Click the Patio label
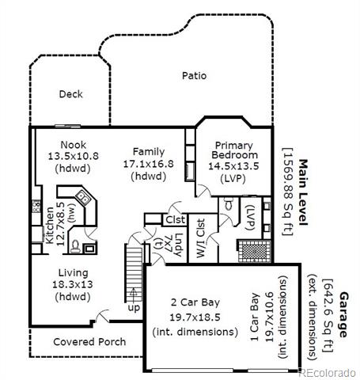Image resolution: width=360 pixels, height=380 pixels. (194, 76)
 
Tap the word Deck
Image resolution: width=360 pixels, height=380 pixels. (70, 94)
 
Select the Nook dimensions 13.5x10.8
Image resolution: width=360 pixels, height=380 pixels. (73, 156)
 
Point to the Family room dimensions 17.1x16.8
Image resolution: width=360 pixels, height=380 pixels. (149, 164)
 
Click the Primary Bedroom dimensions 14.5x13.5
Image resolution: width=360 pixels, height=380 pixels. (233, 166)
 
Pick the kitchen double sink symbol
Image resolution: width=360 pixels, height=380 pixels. (83, 197)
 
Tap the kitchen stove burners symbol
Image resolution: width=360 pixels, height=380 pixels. (36, 206)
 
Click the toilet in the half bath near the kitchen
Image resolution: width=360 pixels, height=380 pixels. (75, 247)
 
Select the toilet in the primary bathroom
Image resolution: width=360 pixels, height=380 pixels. (229, 204)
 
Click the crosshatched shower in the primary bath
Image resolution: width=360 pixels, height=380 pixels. (255, 251)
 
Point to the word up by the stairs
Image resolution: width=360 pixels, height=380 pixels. (134, 308)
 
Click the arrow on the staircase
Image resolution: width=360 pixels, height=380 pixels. (134, 294)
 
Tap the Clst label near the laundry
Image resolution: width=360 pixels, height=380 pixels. (176, 219)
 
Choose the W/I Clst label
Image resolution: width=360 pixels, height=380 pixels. (201, 238)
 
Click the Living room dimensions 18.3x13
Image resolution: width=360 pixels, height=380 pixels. (73, 284)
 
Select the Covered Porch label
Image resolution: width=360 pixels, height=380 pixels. (89, 342)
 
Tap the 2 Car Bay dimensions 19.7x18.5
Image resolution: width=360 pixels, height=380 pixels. (195, 317)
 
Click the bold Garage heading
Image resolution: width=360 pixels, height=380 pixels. (343, 314)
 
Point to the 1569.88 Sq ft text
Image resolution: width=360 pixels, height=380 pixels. (287, 192)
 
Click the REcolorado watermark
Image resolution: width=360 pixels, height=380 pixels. (327, 373)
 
